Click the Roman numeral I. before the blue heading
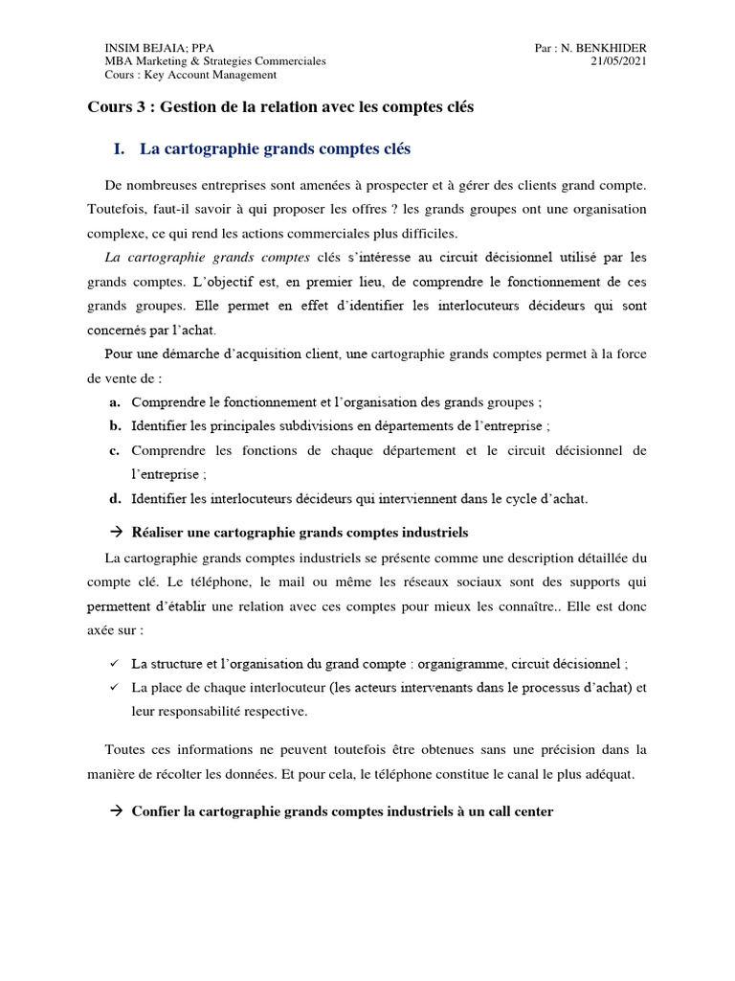120,149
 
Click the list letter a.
114,402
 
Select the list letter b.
114,425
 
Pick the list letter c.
114,450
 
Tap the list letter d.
114,498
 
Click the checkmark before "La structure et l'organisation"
114,663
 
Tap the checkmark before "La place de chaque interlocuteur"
114,687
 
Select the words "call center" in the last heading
518,811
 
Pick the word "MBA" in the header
117,61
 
